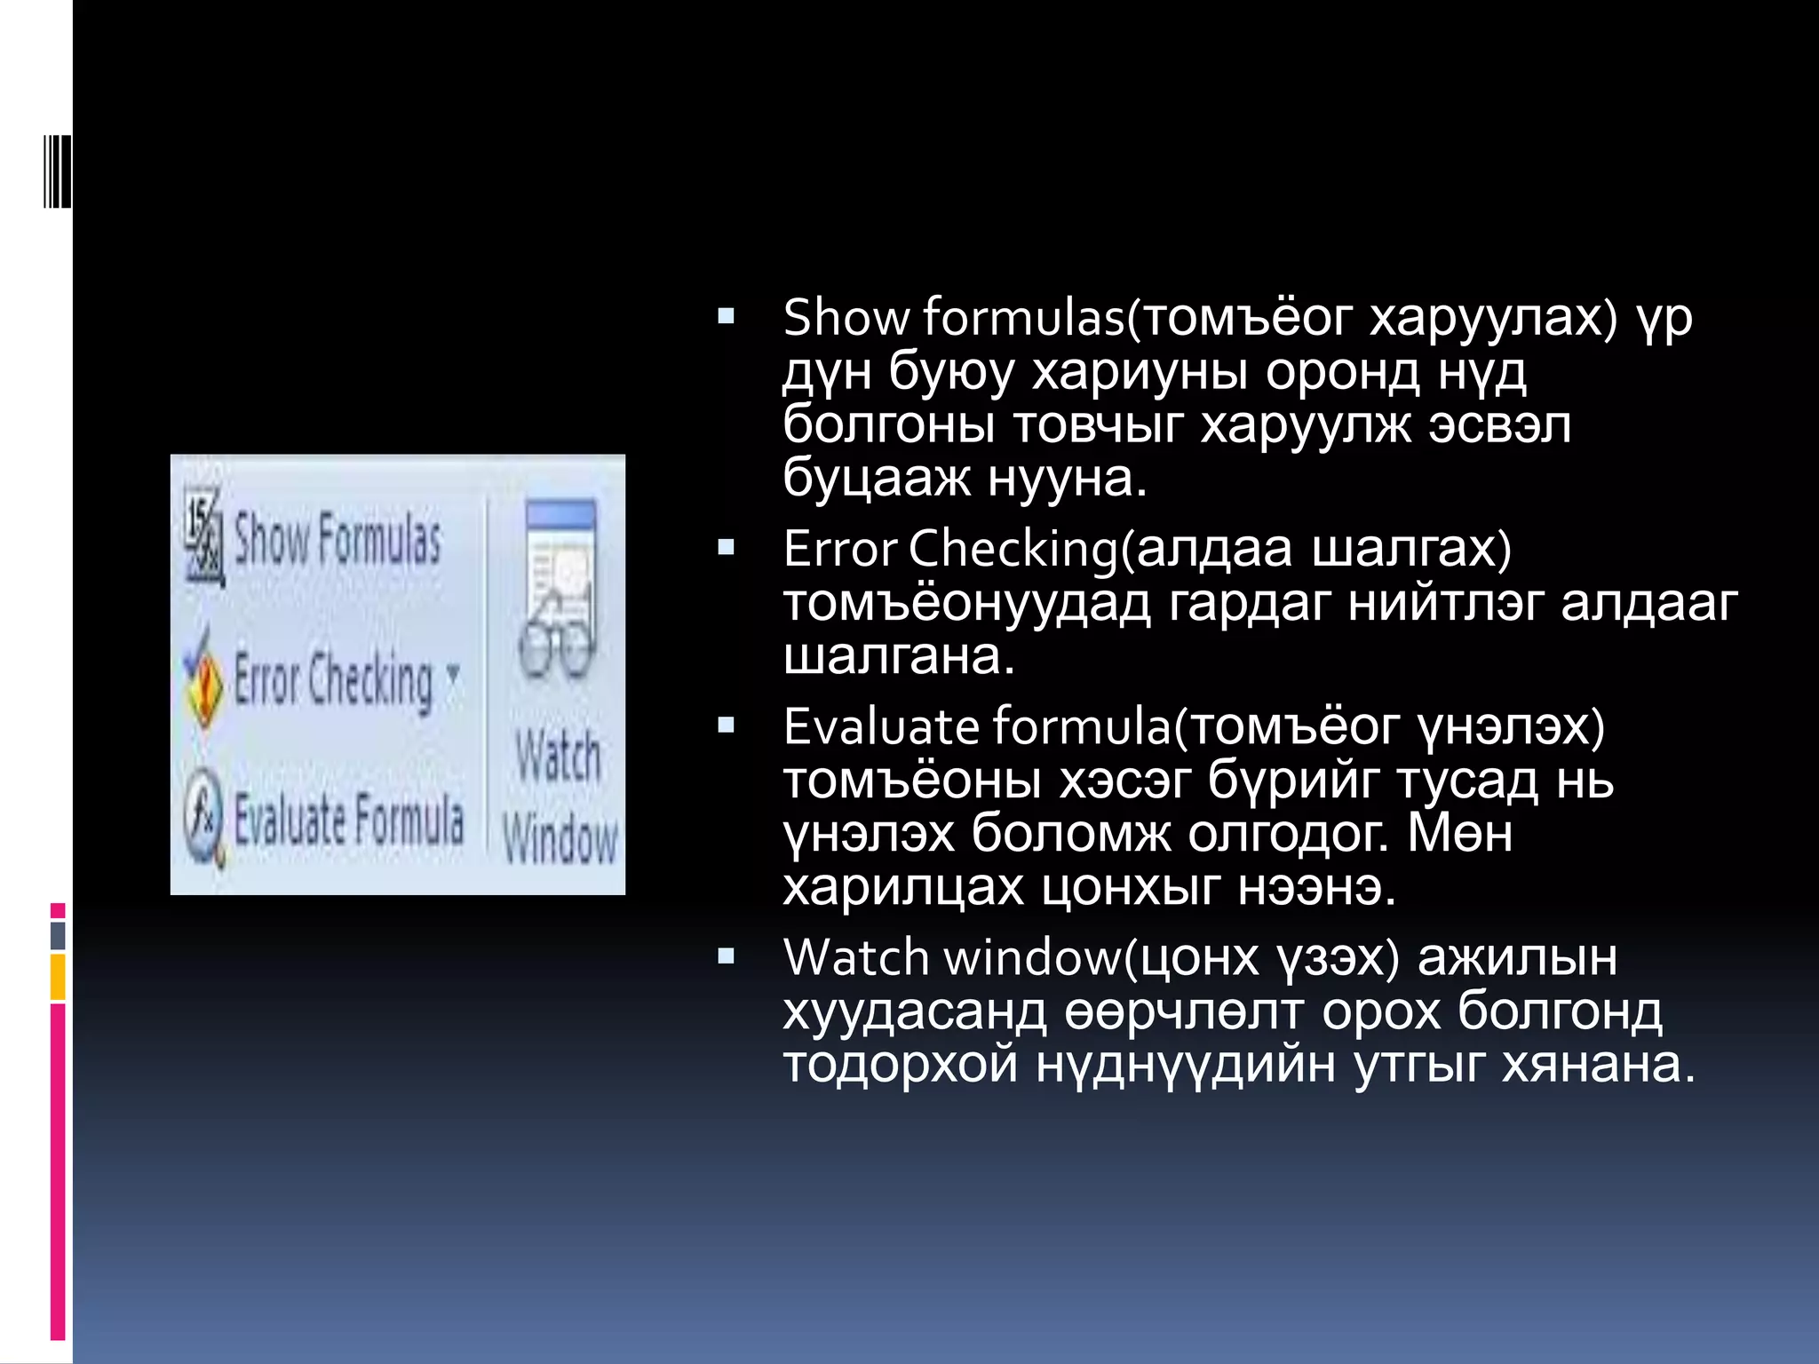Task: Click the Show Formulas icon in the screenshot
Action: (203, 539)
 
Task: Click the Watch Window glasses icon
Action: (558, 591)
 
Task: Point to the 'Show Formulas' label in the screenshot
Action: (338, 539)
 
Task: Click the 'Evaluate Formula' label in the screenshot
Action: (348, 819)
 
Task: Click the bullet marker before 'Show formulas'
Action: (727, 316)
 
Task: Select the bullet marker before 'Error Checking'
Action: (727, 547)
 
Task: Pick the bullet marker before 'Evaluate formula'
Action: (727, 726)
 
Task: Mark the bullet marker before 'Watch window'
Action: (727, 956)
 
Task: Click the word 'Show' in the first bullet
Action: (846, 318)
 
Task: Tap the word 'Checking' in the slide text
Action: (1013, 550)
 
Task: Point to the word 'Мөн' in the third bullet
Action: (1460, 834)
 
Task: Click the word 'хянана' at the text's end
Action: (1598, 1064)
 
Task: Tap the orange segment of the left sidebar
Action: (58, 977)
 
